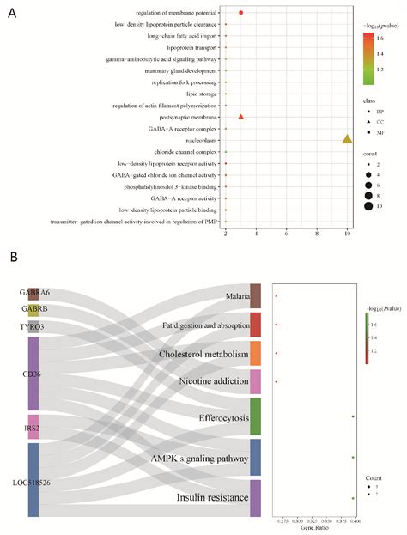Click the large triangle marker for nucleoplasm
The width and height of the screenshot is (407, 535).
347,138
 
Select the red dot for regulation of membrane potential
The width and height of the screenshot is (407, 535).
241,13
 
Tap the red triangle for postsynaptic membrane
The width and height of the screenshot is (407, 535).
241,116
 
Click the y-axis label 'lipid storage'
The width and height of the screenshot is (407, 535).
197,93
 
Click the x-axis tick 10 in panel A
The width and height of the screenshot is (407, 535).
347,233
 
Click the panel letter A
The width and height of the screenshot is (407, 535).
12,12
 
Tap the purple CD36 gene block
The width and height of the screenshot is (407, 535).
33,374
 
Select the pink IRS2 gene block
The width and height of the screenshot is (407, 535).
33,427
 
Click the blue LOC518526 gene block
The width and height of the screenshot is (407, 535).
33,480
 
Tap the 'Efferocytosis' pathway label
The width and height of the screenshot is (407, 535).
216,416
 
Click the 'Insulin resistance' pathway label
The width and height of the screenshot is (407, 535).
210,498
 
